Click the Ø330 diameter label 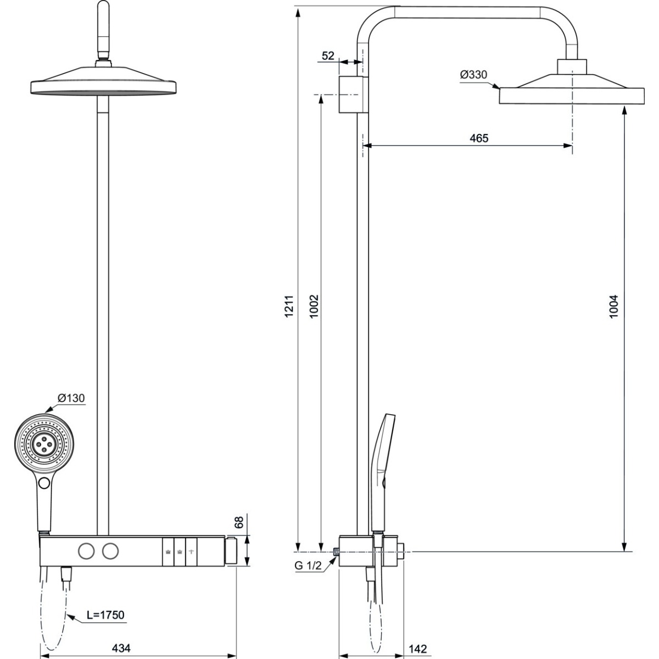473,74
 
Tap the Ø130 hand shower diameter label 71,398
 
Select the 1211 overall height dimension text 289,306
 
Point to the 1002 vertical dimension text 314,306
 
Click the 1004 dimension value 614,307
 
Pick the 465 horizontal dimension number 479,138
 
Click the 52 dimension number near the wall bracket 328,56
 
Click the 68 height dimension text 239,522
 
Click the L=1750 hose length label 105,615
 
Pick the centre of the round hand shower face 44,444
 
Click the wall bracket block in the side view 349,94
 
